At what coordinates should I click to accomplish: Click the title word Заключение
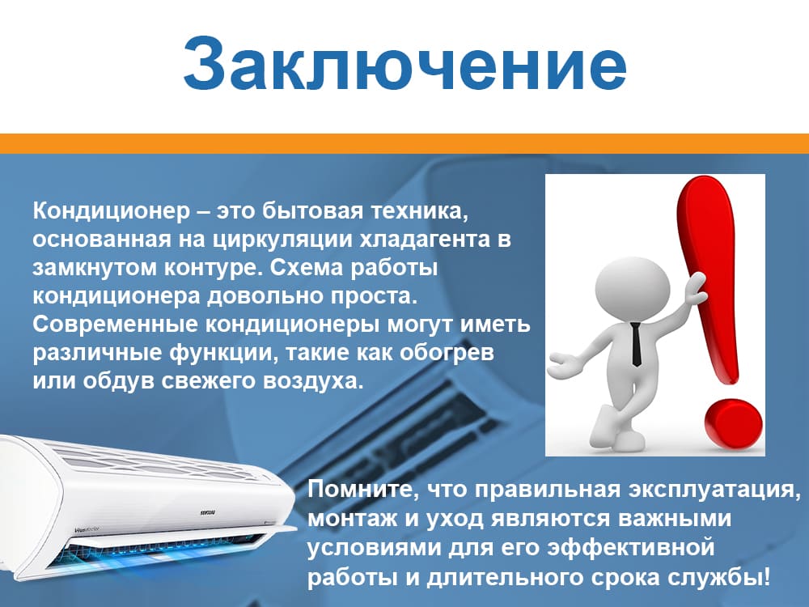click(x=404, y=65)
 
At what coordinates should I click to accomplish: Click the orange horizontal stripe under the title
click(x=404, y=143)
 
